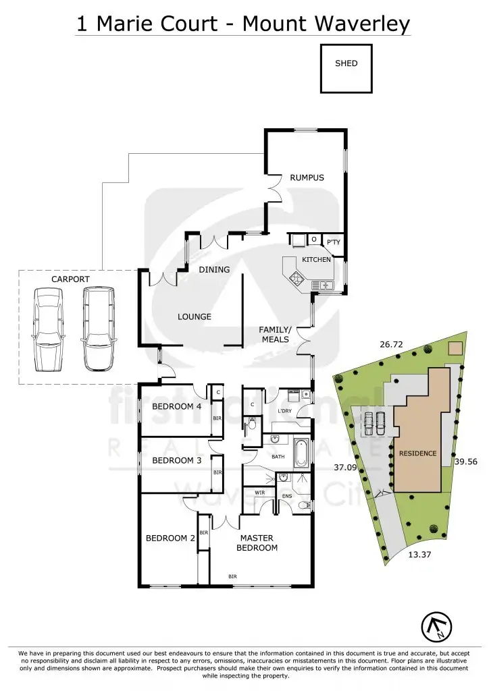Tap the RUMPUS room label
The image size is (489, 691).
click(307, 178)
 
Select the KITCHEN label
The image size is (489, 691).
click(316, 260)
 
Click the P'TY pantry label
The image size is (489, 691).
click(333, 242)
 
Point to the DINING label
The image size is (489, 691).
click(214, 270)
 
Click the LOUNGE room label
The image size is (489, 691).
click(195, 316)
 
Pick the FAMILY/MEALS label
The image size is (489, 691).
click(275, 335)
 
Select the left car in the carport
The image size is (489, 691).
click(48, 329)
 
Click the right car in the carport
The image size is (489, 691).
click(98, 329)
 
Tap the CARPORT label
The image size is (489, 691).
click(70, 279)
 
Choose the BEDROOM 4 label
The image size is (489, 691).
click(177, 406)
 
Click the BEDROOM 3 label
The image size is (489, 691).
click(177, 460)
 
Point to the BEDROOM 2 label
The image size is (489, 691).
click(170, 538)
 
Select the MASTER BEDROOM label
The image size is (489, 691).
click(257, 543)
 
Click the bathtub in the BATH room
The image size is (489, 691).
click(301, 455)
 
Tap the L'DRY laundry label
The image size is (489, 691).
click(285, 410)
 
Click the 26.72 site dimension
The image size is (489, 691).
click(392, 344)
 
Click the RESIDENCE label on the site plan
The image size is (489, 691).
click(417, 453)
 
